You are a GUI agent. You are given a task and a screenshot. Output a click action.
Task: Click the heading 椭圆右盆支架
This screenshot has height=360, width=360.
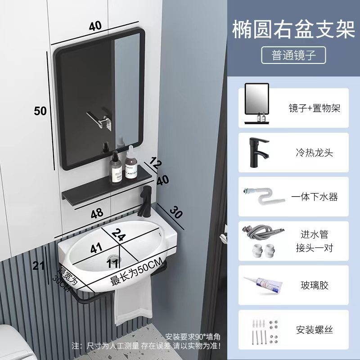pos(293,30)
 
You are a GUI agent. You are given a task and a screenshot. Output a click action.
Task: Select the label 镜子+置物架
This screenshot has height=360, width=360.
pos(314,108)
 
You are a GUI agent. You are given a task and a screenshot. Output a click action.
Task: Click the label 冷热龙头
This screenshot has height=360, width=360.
pos(314,153)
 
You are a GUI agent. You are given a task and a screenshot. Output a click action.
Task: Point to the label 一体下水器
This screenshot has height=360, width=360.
pos(314,197)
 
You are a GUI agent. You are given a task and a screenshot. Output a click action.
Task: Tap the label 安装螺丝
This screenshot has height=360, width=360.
pos(314,329)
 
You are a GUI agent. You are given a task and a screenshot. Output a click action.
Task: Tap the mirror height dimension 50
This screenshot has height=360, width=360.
pos(40,110)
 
